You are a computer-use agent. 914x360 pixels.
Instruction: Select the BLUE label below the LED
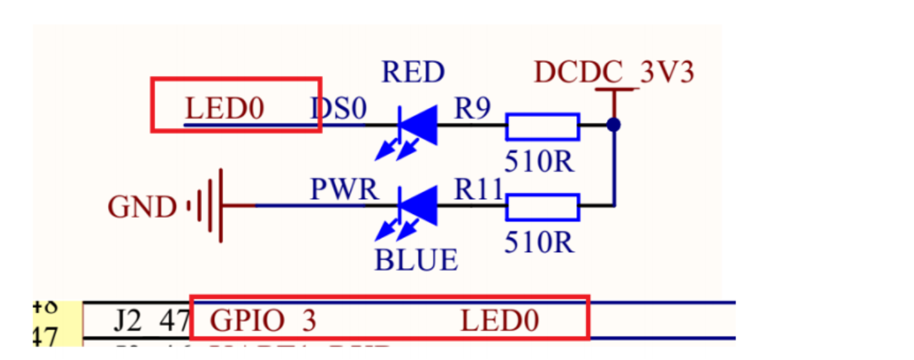416,260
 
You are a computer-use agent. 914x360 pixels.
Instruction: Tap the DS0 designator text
338,109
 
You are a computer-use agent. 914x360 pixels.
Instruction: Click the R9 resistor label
473,110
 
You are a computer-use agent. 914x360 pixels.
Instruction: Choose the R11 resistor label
479,190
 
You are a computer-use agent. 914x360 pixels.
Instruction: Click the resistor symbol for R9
542,127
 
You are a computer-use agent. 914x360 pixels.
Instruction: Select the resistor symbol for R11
542,206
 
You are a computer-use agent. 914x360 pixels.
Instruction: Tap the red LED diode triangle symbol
419,125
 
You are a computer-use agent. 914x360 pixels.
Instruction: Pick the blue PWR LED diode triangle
419,206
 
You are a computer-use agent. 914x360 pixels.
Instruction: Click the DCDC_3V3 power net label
614,73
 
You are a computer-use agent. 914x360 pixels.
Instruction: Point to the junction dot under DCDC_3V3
614,125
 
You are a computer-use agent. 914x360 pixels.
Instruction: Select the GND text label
142,208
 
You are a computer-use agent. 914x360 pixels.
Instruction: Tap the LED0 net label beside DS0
224,109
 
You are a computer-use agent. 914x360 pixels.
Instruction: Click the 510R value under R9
539,162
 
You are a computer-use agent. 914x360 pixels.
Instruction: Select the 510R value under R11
539,242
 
